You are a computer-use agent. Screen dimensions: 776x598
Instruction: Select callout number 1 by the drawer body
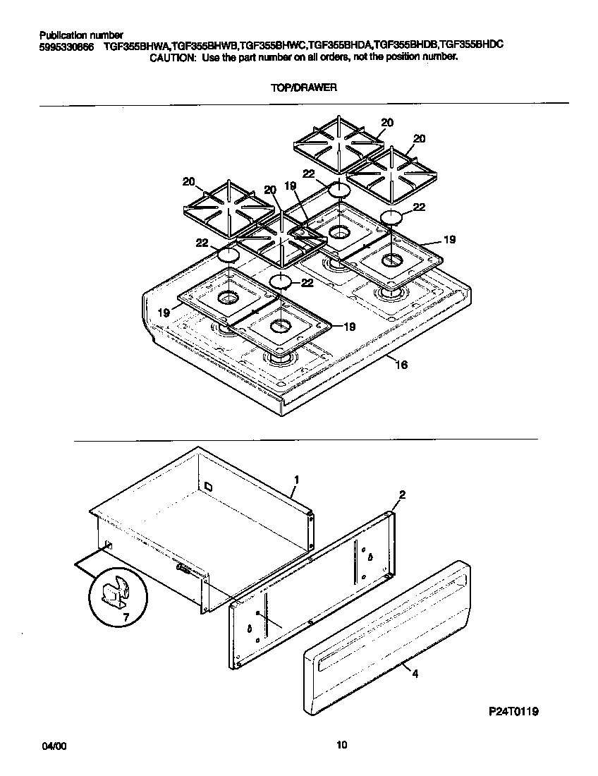(296, 479)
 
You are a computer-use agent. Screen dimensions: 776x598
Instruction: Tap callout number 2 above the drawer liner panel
(401, 495)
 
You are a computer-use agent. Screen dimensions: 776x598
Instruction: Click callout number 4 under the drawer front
(415, 674)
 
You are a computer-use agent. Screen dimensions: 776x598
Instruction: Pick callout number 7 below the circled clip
(127, 619)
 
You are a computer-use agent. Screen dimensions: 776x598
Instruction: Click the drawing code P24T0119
(514, 713)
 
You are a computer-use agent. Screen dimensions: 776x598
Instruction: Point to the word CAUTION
(172, 57)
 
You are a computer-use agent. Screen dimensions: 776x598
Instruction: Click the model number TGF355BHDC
(471, 44)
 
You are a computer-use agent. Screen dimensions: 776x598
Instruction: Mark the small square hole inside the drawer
(208, 486)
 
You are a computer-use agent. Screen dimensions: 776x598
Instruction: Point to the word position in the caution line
(399, 57)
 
